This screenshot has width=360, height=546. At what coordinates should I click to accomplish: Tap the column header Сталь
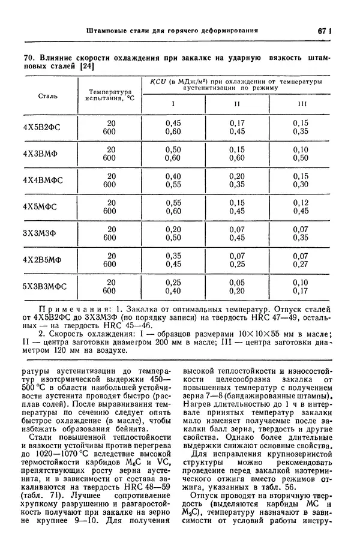(48, 95)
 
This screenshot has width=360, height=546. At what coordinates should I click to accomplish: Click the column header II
(237, 104)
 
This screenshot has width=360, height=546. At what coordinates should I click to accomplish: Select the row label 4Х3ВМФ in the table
(48, 153)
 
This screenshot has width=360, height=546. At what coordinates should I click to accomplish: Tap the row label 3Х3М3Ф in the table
(48, 233)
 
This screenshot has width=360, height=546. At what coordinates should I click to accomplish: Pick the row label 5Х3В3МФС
(48, 286)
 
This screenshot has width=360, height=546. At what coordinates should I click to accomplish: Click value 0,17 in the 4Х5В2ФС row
(237, 122)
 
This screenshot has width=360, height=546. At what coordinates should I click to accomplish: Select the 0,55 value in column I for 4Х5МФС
(173, 202)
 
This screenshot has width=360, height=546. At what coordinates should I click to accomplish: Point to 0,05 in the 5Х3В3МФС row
(237, 282)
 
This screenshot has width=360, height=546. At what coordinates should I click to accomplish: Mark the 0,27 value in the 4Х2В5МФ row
(301, 263)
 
